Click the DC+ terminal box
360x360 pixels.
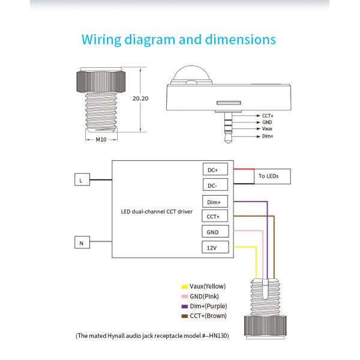[x=213, y=170]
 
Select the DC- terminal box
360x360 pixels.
[x=213, y=185]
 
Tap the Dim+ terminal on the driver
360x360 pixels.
[x=213, y=202]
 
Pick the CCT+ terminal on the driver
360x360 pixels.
[x=213, y=217]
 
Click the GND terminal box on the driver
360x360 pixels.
[x=213, y=232]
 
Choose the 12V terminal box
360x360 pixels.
[x=213, y=247]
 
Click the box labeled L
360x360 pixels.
[x=81, y=179]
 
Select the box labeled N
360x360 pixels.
[x=81, y=242]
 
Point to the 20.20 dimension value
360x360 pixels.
[x=140, y=97]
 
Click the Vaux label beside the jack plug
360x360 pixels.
[x=268, y=129]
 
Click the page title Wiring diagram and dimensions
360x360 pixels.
[x=179, y=40]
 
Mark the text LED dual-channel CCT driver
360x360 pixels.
[x=157, y=211]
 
